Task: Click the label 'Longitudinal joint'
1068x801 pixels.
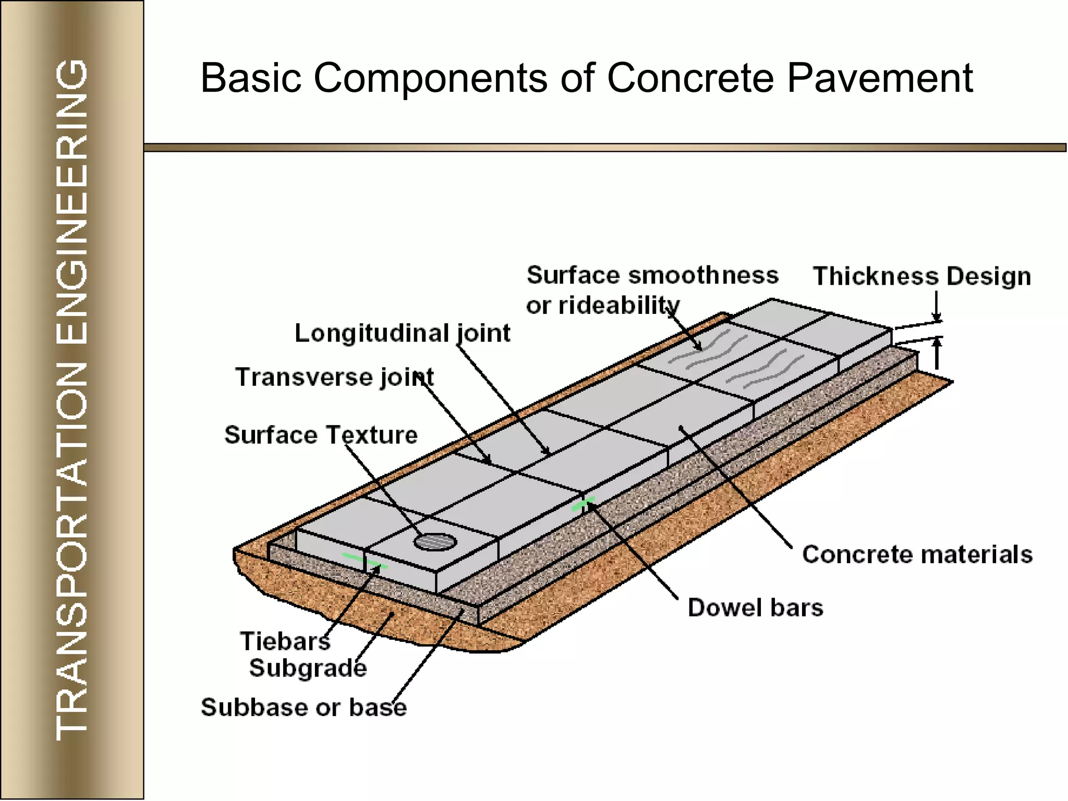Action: pos(402,333)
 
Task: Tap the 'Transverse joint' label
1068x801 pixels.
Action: pos(334,377)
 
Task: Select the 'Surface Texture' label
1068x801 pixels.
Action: pos(321,435)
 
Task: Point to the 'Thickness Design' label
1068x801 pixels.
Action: pos(921,276)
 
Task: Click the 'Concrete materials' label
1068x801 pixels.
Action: pos(917,554)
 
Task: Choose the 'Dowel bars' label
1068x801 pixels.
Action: pos(755,608)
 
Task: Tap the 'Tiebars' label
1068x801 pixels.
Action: pos(285,641)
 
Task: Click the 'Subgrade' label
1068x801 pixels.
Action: pos(308,668)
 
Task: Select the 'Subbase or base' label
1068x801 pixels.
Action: pos(304,708)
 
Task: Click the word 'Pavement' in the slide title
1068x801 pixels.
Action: pos(879,78)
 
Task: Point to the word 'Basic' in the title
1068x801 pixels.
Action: pos(251,78)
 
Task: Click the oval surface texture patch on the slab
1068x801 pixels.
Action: pos(435,542)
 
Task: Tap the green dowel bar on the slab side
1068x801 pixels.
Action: pos(582,504)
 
